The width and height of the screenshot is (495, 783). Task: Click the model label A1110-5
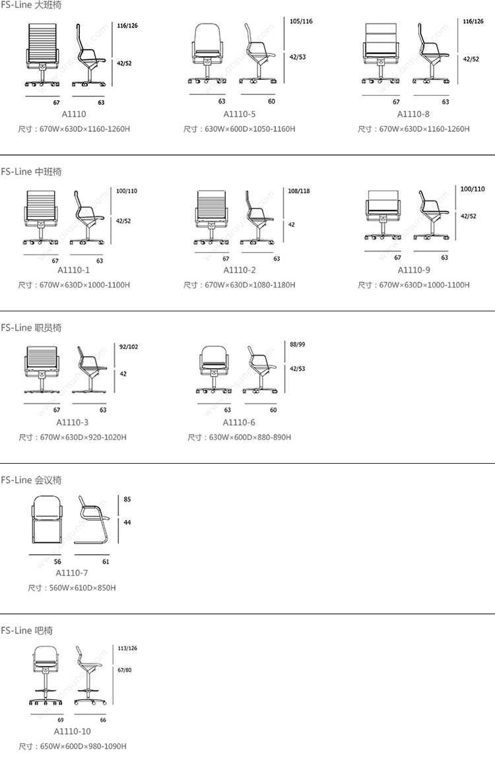pyautogui.click(x=240, y=114)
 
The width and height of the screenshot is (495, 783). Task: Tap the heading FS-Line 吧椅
pyautogui.click(x=26, y=631)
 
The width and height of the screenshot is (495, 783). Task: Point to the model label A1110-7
pyautogui.click(x=72, y=573)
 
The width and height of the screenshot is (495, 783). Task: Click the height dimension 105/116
pyautogui.click(x=301, y=22)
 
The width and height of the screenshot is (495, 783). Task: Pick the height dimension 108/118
pyautogui.click(x=299, y=191)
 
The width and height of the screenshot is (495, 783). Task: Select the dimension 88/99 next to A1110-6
pyautogui.click(x=297, y=344)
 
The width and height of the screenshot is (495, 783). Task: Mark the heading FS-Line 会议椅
pyautogui.click(x=31, y=480)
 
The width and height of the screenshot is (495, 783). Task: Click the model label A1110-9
pyautogui.click(x=413, y=270)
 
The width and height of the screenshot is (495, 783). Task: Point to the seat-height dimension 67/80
pyautogui.click(x=125, y=670)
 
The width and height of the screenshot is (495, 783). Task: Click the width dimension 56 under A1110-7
pyautogui.click(x=57, y=562)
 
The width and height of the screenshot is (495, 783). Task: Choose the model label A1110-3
pyautogui.click(x=73, y=422)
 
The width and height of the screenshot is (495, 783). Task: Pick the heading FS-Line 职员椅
pyautogui.click(x=31, y=328)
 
